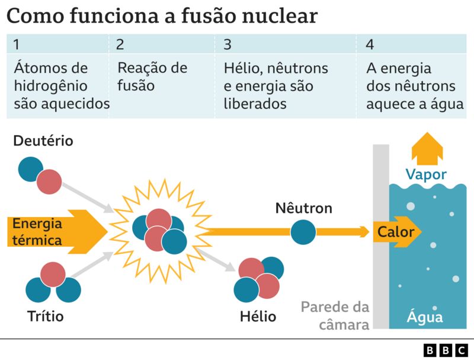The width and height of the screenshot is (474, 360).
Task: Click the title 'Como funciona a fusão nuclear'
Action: click(162, 15)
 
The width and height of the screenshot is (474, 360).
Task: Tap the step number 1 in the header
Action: click(17, 44)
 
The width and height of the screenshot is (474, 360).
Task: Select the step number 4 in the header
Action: click(370, 44)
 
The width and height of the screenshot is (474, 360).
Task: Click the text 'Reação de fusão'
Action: click(152, 77)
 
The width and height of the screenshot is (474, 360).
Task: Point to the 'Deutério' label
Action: click(43, 141)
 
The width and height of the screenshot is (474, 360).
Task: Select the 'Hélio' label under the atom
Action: click(258, 316)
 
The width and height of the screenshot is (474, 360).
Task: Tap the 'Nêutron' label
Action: click(303, 208)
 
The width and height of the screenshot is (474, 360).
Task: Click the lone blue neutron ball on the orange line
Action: click(303, 232)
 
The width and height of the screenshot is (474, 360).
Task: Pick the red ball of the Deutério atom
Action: click(49, 182)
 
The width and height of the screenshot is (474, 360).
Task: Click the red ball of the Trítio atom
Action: click(53, 274)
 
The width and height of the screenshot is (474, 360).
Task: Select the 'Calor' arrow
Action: click(396, 232)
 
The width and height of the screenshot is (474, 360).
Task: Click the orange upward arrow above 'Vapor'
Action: click(427, 148)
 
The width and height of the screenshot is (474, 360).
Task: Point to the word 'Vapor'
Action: click(426, 174)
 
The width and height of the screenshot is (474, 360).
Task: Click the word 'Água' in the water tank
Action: click(424, 316)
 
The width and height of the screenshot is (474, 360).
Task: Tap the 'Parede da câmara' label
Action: click(335, 316)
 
